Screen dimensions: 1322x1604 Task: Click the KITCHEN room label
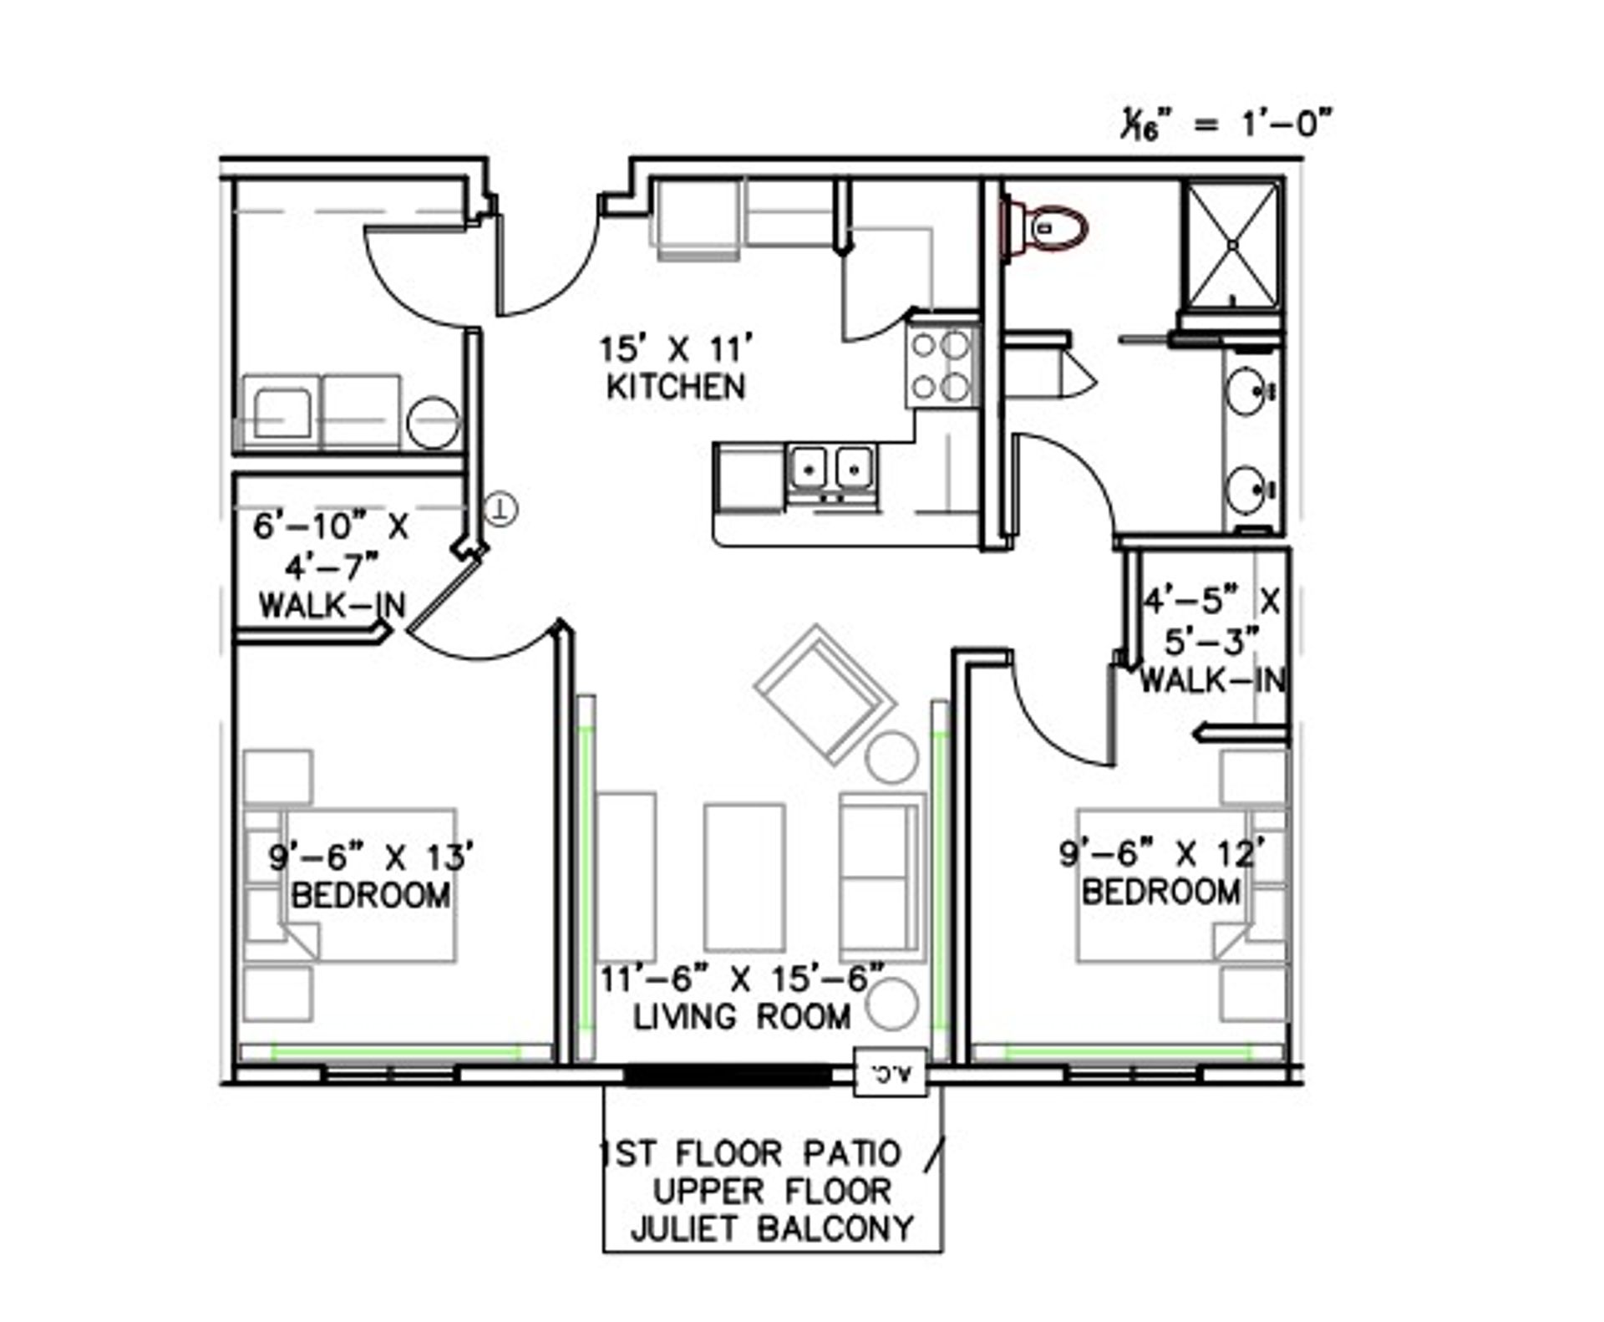[676, 387]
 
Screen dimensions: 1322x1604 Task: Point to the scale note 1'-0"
[1285, 125]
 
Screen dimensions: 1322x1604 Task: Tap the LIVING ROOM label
[742, 1017]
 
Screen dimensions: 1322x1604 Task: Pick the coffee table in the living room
[744, 877]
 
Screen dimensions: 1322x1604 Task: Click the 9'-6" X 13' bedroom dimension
[372, 857]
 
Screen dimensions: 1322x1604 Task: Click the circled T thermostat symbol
[500, 509]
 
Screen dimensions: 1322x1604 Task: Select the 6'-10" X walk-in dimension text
[331, 528]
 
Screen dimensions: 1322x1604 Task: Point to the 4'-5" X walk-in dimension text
[1211, 601]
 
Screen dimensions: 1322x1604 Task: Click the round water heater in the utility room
[433, 422]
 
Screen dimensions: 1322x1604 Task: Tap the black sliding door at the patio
[728, 1075]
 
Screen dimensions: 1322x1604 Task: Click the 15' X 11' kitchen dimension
[677, 348]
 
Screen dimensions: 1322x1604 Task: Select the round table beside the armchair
[892, 756]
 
